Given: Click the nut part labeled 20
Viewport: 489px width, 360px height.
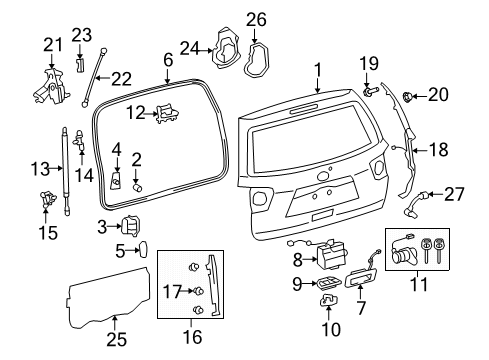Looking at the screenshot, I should [409, 97].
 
